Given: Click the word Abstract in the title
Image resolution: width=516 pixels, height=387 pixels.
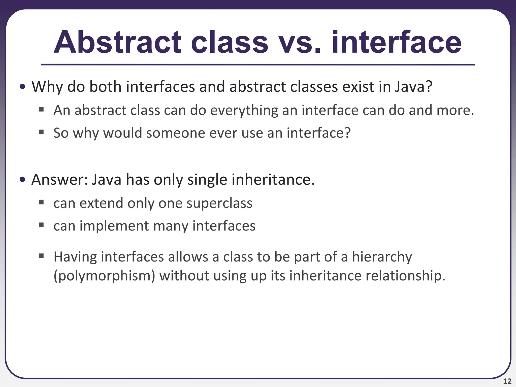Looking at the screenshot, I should [117, 42].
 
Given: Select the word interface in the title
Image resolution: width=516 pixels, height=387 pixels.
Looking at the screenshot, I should [397, 42].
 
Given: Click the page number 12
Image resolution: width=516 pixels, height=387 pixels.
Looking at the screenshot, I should [507, 381].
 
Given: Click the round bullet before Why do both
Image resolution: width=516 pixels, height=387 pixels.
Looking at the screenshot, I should [22, 87].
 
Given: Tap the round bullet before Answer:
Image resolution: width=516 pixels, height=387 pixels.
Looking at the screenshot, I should [22, 180].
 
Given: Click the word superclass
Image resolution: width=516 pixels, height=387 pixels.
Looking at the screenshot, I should [219, 203].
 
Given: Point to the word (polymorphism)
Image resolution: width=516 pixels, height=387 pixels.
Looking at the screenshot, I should [104, 276].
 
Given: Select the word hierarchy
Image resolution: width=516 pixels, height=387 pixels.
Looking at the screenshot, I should [382, 257].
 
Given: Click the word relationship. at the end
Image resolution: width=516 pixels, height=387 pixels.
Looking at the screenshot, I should [405, 276].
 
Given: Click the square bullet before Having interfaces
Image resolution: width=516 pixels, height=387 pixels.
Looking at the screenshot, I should [41, 256].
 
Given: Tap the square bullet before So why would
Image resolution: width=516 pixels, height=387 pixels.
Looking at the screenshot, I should [41, 132].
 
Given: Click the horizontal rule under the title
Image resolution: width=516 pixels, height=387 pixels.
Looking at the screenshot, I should [258, 65].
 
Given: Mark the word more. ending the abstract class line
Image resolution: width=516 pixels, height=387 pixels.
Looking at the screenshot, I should [455, 110].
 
